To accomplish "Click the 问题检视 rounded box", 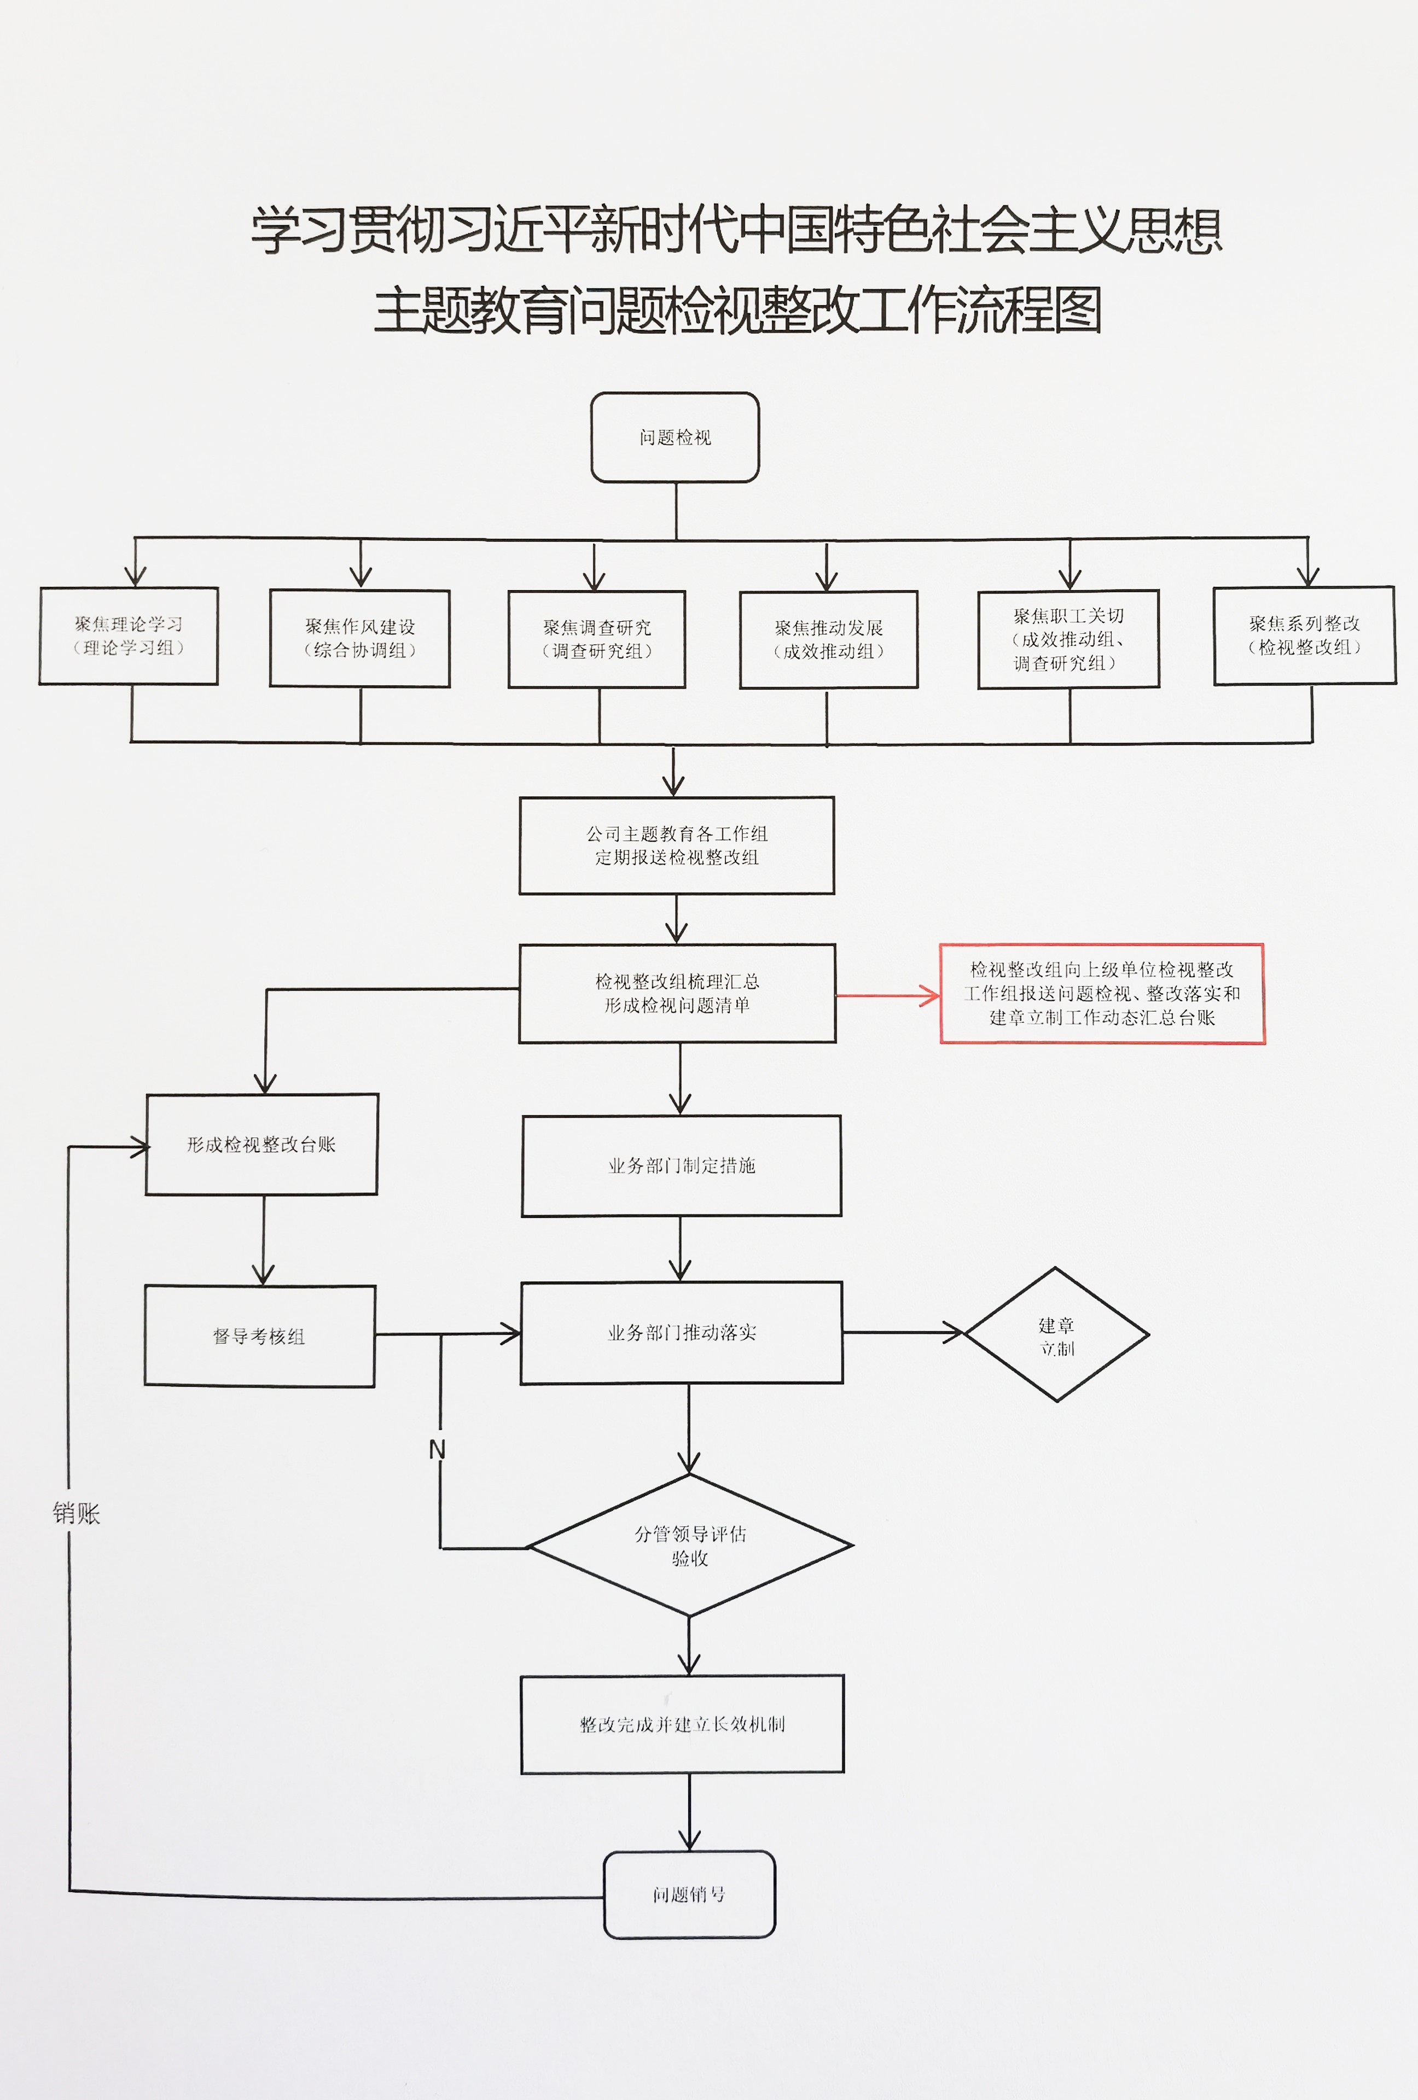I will tap(675, 437).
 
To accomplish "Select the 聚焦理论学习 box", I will tap(129, 635).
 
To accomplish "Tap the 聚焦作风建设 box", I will tap(359, 638).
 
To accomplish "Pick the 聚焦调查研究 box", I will tap(596, 639).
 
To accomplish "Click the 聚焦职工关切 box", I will tap(1068, 639).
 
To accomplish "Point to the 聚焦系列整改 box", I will tap(1304, 635).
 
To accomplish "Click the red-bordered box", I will tap(1102, 993).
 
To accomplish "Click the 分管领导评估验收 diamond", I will tap(689, 1545).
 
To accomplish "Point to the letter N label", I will tap(438, 1449).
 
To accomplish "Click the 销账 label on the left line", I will tap(77, 1513).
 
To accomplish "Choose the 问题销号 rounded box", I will tap(689, 1894).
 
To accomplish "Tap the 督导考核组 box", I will tap(259, 1335).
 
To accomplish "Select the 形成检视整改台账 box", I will tap(261, 1144).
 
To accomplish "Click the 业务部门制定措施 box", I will tap(682, 1165).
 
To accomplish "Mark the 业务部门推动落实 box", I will tap(682, 1332).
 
